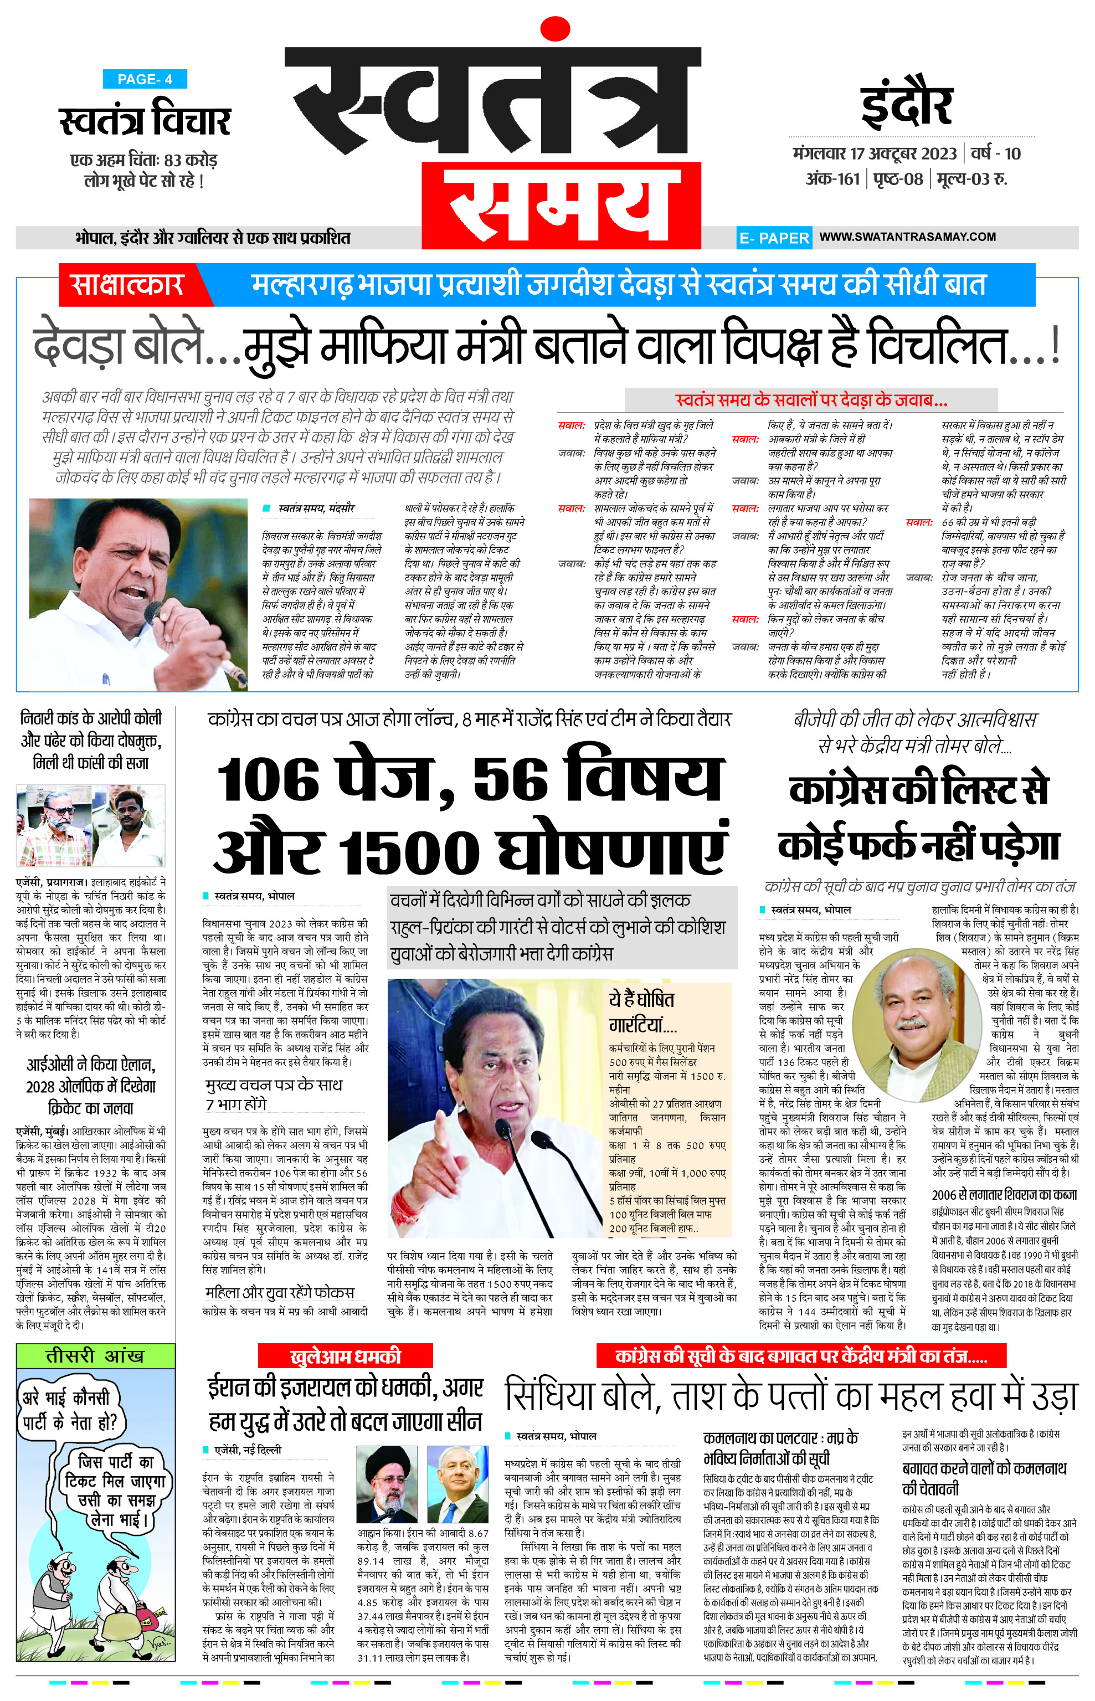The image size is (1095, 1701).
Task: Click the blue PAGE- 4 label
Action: tap(145, 79)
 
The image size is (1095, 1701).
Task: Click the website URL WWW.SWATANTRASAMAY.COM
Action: tap(907, 237)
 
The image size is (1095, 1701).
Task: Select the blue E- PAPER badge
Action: tap(774, 238)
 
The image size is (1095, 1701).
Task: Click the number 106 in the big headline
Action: tap(268, 780)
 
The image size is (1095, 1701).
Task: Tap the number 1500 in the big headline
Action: tap(410, 852)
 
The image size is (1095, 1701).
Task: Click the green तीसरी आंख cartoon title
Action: tap(95, 1355)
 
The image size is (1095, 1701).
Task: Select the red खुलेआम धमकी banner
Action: tap(346, 1355)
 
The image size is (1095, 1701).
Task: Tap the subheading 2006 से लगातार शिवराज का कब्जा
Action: tap(1004, 1195)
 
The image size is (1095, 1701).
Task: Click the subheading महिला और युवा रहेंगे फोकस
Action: tap(280, 1292)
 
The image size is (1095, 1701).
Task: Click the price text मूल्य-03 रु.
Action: tap(972, 178)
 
